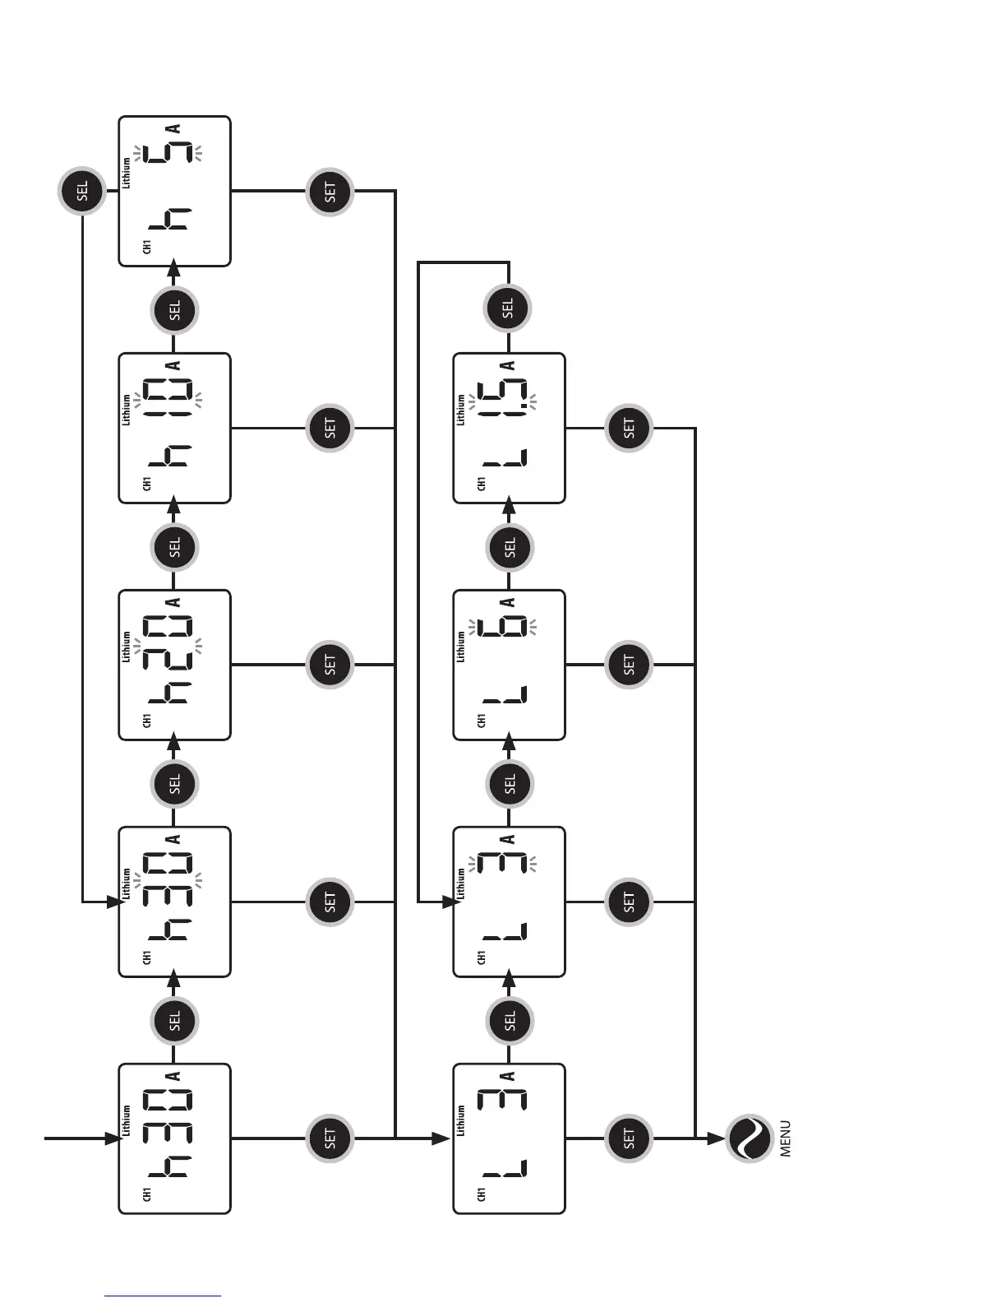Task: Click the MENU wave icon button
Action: tap(749, 1138)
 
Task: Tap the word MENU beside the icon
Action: tap(787, 1138)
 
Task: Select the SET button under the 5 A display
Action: tap(330, 192)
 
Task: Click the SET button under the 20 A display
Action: tap(330, 665)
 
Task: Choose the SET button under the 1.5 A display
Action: tap(630, 428)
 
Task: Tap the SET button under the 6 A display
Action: tap(630, 665)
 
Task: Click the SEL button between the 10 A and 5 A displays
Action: tap(174, 310)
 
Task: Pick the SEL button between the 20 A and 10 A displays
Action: tap(174, 547)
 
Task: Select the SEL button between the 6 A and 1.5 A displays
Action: tap(510, 547)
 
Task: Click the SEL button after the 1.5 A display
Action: tap(507, 308)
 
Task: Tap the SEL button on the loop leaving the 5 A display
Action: tap(82, 192)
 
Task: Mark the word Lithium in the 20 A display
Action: tap(126, 647)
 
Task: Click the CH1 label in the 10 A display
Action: tap(147, 483)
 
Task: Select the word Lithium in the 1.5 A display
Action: tap(460, 409)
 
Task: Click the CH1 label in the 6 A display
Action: tap(481, 720)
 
